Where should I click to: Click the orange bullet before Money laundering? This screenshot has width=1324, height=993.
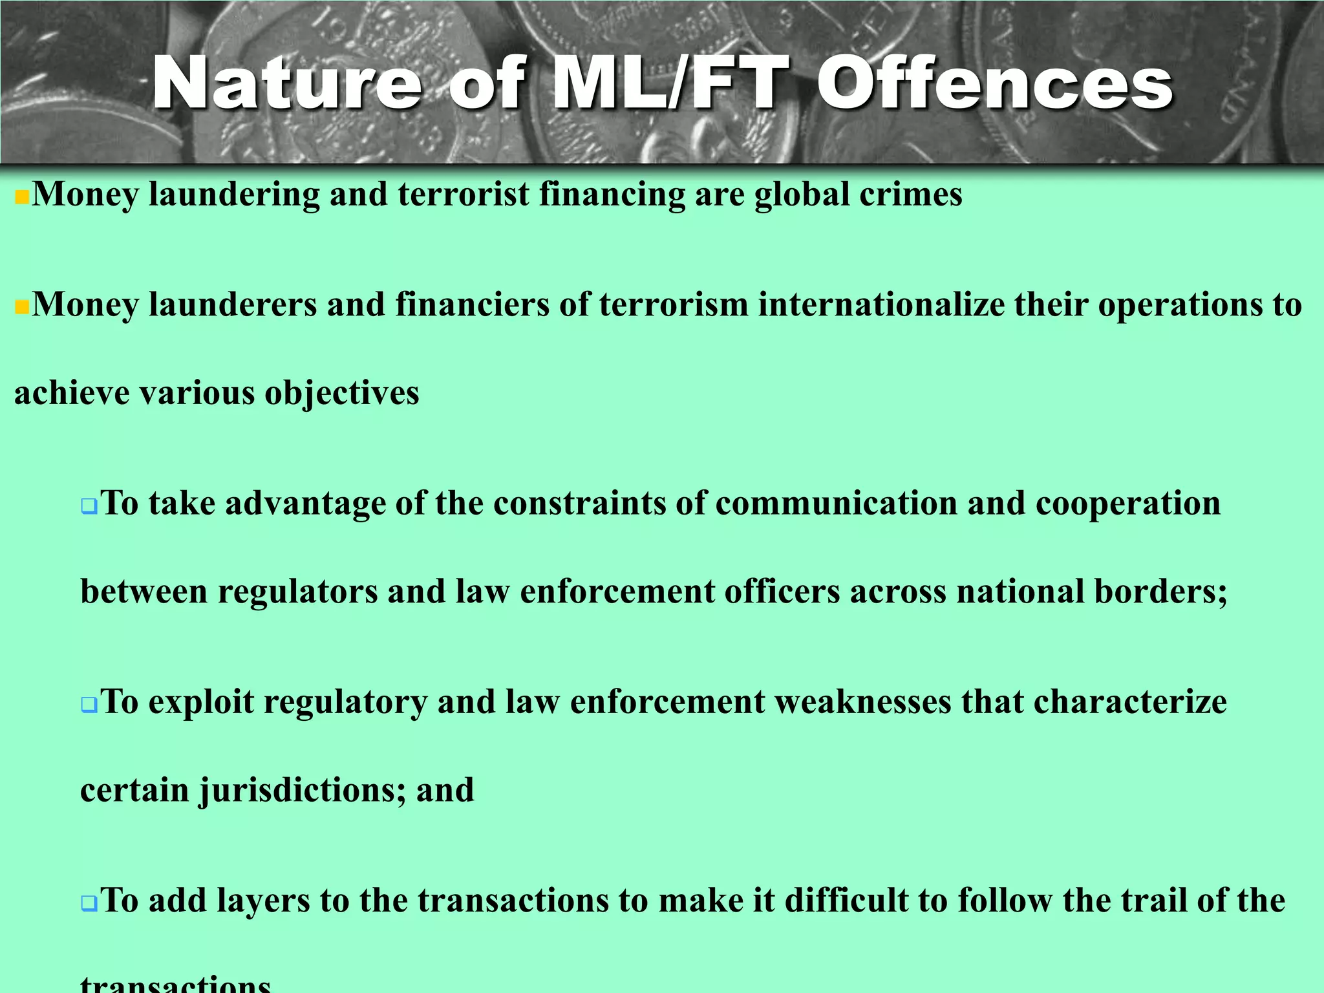(22, 197)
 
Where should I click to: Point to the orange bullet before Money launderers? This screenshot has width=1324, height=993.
(22, 306)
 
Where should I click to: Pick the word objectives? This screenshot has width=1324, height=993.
(342, 392)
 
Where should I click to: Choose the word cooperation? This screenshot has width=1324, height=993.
(1128, 502)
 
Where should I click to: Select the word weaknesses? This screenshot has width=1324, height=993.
(863, 701)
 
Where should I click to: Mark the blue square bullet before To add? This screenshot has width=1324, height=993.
(89, 903)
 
